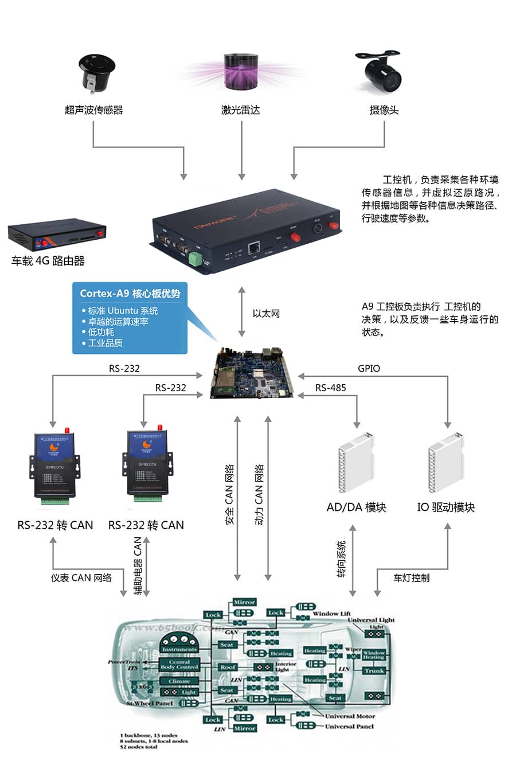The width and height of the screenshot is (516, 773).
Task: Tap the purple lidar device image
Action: (241, 73)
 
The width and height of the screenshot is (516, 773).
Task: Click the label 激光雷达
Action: (241, 110)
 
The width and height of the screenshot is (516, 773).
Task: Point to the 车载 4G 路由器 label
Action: (48, 261)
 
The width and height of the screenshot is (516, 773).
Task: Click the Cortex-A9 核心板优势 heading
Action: (130, 294)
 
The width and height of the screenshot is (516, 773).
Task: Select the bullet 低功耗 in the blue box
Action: (101, 332)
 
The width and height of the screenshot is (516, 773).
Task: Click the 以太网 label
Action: (266, 313)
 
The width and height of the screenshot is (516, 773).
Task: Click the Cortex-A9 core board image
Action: (253, 372)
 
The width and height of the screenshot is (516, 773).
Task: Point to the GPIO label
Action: (369, 368)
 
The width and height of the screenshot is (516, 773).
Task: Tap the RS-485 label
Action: (331, 388)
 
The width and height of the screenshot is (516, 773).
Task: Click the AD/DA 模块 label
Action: (356, 507)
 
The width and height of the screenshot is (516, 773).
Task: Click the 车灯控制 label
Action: (411, 577)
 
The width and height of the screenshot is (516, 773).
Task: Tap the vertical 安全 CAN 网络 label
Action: (229, 494)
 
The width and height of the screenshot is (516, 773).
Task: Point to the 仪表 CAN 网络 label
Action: (81, 577)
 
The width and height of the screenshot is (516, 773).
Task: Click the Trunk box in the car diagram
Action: (374, 670)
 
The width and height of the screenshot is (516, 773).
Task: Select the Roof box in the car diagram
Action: (228, 667)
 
